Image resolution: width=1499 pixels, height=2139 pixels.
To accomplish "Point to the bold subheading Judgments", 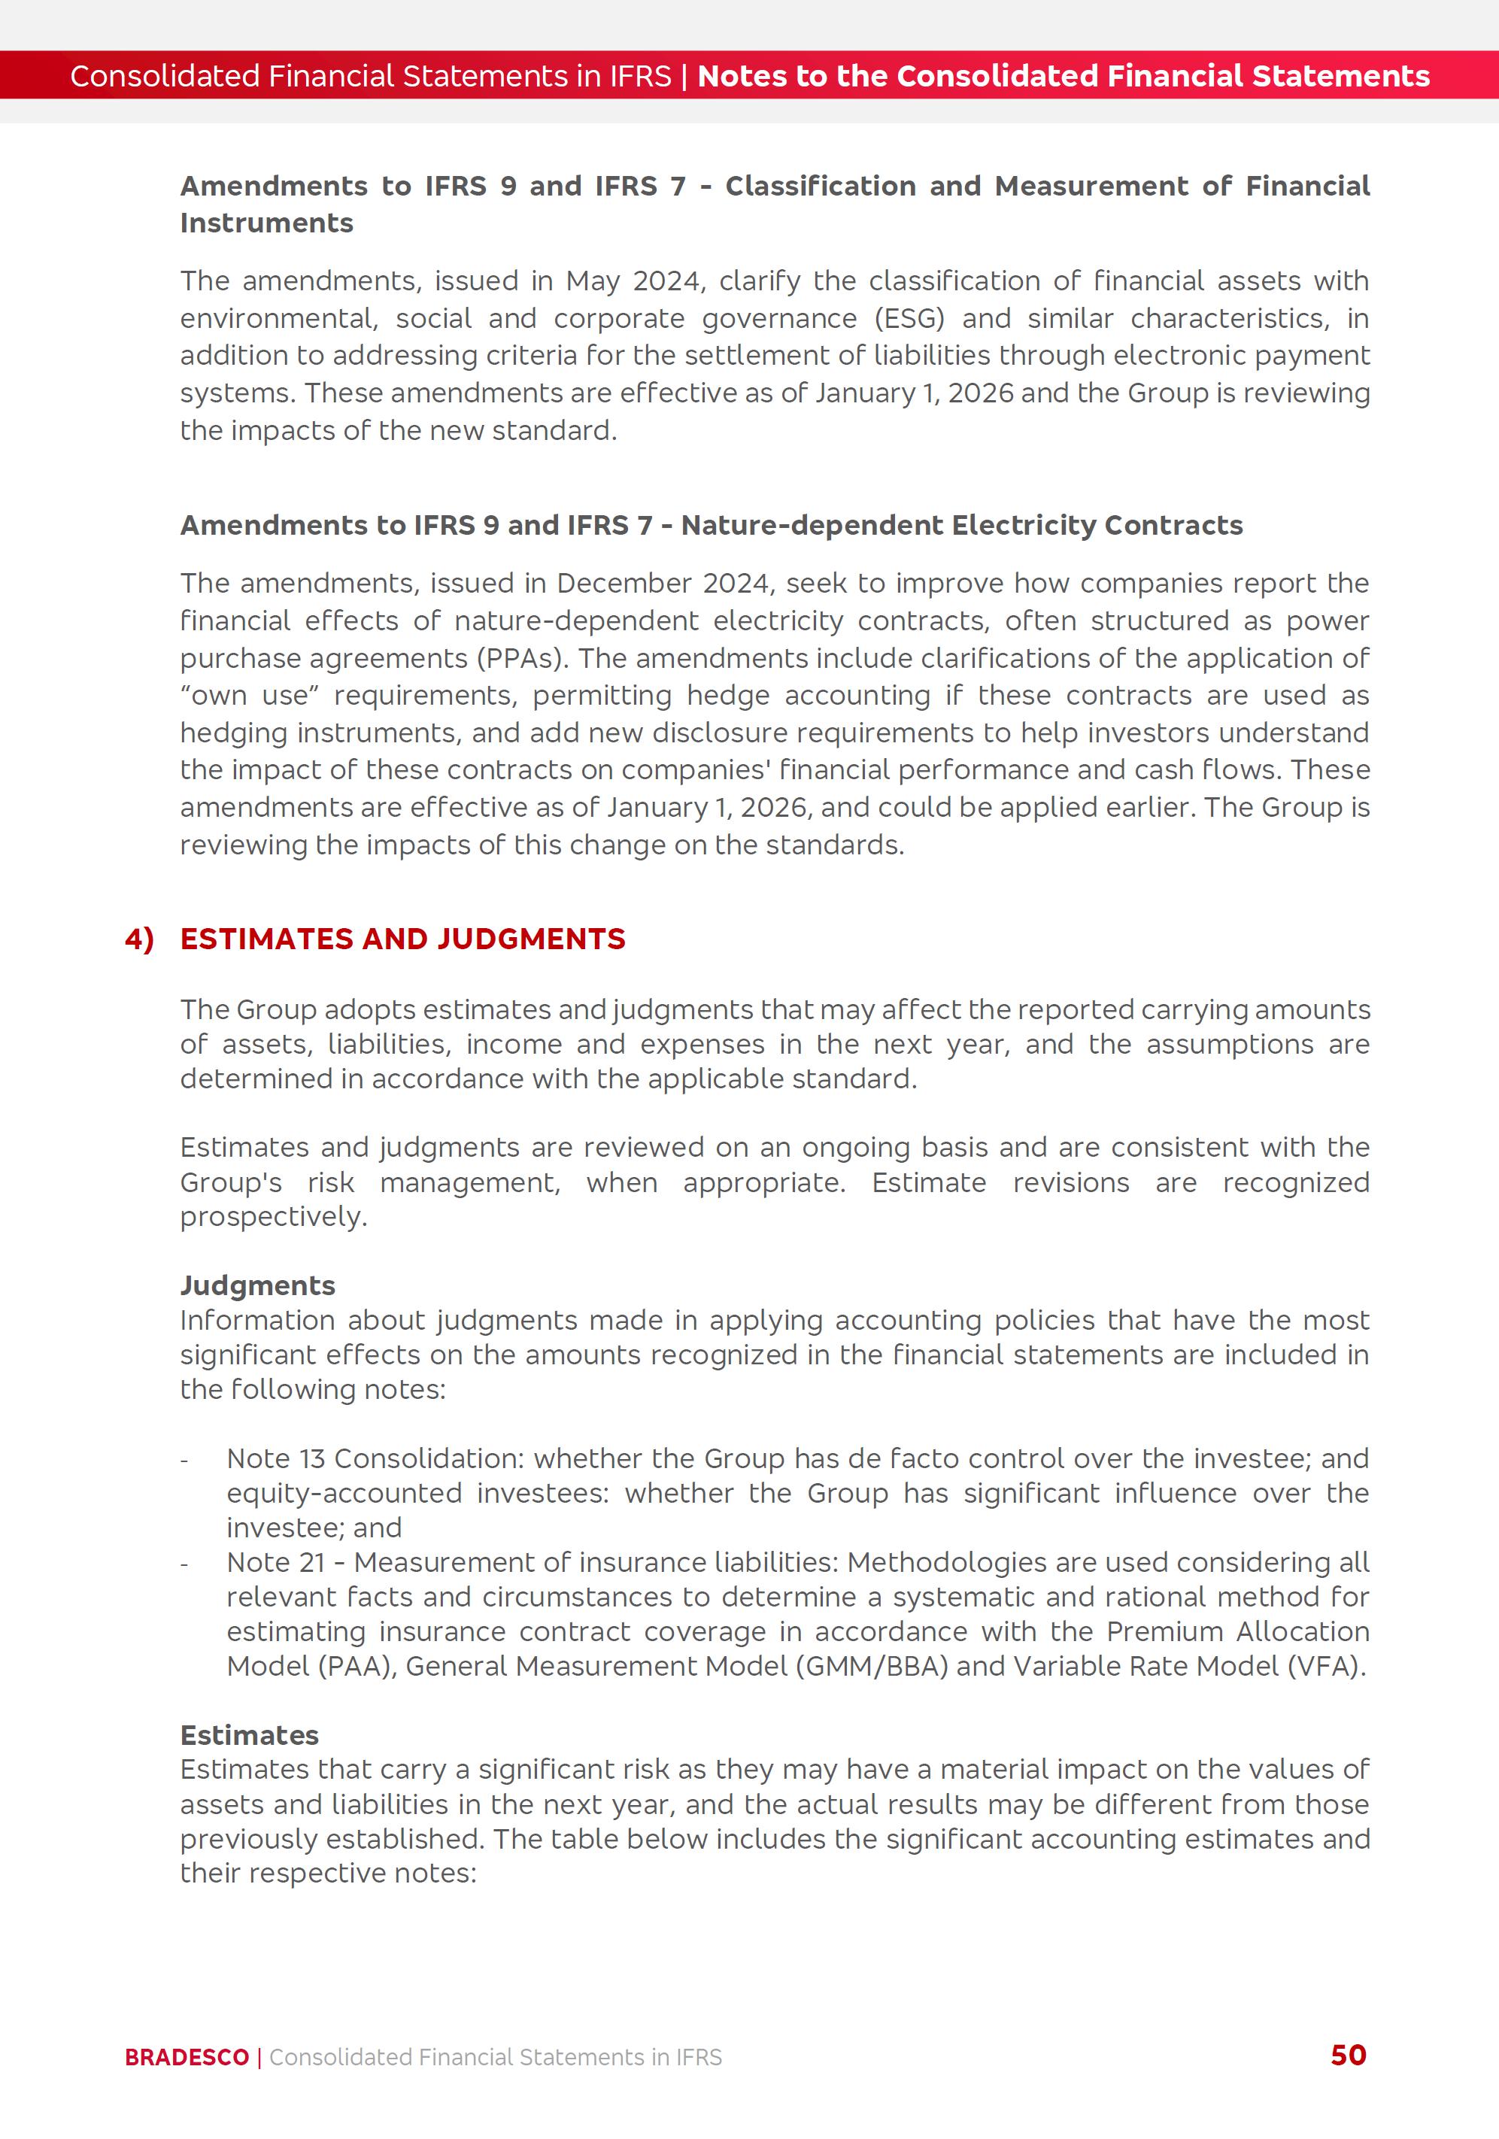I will (x=257, y=1285).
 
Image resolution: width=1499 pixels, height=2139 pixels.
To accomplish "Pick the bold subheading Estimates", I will (x=249, y=1734).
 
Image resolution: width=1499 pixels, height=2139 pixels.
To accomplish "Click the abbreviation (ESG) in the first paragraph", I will (x=909, y=319).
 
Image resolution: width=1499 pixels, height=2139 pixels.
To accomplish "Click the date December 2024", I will (x=663, y=583).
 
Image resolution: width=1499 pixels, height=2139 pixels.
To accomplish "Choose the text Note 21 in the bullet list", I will (x=276, y=1561).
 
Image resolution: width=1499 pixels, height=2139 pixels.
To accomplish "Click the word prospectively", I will (x=272, y=1217).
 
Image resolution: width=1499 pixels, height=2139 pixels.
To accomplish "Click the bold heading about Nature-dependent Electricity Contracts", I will (x=711, y=526).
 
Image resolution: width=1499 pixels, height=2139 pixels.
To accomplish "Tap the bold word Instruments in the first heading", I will (x=266, y=223).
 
